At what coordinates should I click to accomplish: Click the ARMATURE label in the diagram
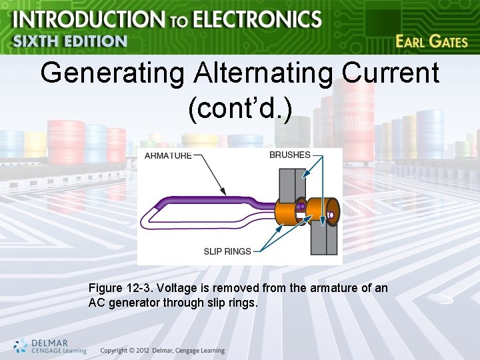169,155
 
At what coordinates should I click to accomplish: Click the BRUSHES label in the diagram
289,155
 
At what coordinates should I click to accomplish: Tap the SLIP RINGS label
227,251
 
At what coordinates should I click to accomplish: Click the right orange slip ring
327,213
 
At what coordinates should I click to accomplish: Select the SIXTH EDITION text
70,41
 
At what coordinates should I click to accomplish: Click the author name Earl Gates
431,41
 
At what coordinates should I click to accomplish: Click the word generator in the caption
129,303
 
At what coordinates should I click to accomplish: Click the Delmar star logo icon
21,344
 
